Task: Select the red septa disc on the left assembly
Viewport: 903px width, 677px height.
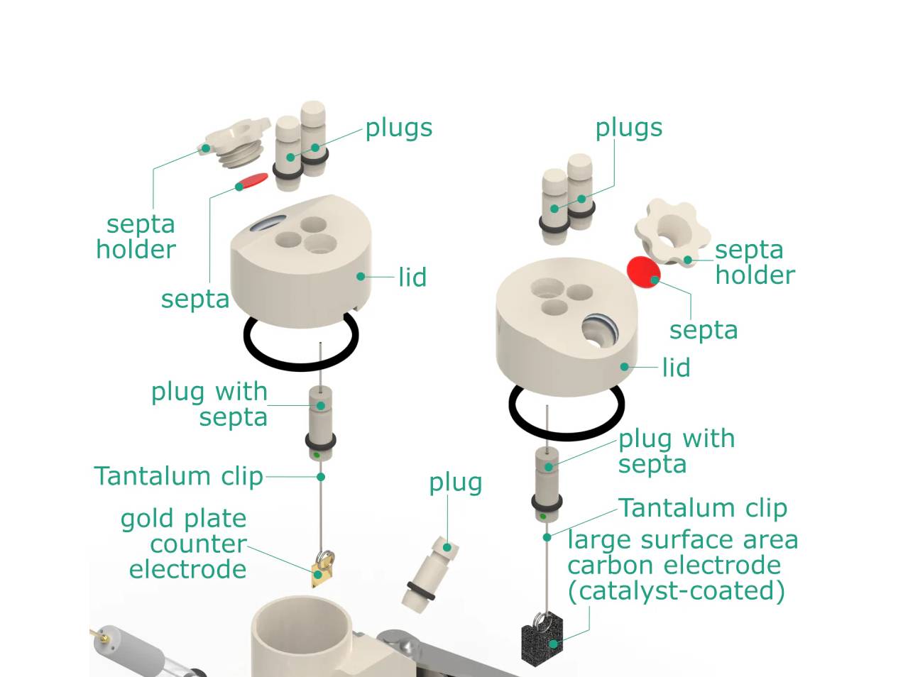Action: (x=253, y=181)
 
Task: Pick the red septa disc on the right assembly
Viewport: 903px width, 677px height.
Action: (x=642, y=272)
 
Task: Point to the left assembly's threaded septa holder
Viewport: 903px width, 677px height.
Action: (x=236, y=145)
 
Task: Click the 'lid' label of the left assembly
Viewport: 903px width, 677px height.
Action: (x=412, y=277)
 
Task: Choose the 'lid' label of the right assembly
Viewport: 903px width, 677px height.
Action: (x=675, y=368)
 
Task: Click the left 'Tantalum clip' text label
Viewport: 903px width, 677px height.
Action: (x=178, y=476)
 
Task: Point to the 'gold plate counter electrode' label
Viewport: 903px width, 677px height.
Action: (x=187, y=544)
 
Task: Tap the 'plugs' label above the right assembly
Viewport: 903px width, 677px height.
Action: (x=628, y=128)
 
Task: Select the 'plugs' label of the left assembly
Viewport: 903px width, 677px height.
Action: (x=398, y=128)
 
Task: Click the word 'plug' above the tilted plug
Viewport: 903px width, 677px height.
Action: (x=455, y=483)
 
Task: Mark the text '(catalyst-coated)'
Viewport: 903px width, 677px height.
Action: (x=676, y=590)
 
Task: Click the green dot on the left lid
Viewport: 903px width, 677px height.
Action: (x=361, y=276)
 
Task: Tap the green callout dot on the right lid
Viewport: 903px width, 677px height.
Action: (x=625, y=367)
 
